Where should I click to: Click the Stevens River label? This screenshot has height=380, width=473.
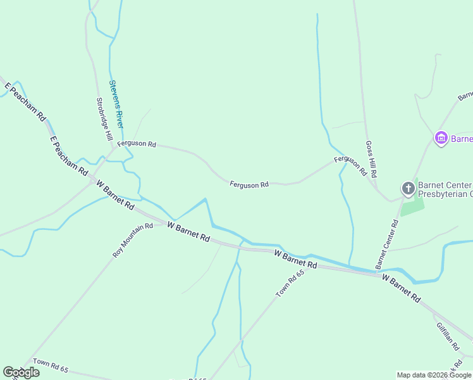coord(116,104)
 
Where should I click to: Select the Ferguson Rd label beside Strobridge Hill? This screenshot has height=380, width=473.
coord(137,144)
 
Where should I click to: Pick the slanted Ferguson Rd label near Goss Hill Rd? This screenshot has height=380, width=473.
coord(350,165)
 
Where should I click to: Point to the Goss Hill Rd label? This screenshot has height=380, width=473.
coord(372,159)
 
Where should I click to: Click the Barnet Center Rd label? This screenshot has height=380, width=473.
coord(386,244)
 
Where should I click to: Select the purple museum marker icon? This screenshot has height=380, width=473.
coord(441,138)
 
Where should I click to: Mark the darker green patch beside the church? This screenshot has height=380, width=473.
coord(412,206)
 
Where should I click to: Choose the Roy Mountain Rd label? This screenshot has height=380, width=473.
coord(133,240)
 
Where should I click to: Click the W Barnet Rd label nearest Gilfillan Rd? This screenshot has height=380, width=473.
coord(401,288)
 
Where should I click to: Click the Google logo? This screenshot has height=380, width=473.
coord(21,372)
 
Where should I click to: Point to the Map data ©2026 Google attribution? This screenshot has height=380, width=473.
coord(434,375)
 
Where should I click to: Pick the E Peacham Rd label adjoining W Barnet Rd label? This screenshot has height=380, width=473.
coord(68,155)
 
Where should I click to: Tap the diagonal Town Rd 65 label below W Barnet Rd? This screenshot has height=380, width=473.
coord(290,283)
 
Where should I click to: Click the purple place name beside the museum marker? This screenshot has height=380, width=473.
coord(462,139)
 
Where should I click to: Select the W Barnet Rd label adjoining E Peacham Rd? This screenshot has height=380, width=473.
coord(115,195)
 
